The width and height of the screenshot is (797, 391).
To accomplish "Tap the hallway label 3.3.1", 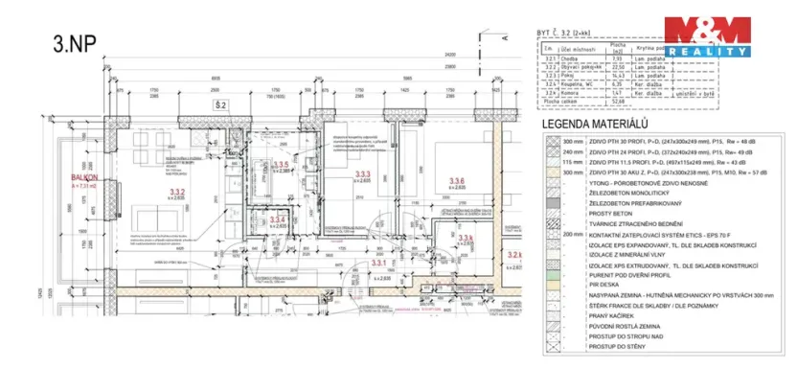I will (x=377, y=262).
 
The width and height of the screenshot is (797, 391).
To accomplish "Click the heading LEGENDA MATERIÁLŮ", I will (x=598, y=126).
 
